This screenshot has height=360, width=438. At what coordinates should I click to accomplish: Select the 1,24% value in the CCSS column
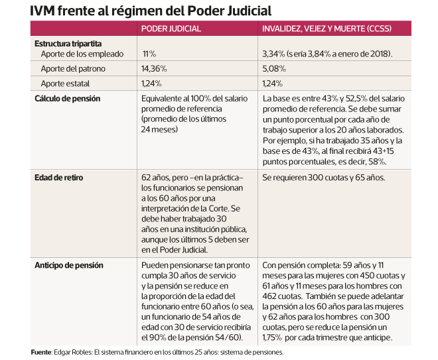point(273,84)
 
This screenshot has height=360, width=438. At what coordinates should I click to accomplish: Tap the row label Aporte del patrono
point(72,68)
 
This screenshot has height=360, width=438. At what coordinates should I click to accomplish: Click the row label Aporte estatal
point(65,84)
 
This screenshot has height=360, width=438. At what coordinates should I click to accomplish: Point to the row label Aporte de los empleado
point(76,53)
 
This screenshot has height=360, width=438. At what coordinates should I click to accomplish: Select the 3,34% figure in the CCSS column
point(274,53)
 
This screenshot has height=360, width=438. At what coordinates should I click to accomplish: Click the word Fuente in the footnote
point(41,352)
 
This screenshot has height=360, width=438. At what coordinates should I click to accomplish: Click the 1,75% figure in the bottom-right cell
point(275,337)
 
